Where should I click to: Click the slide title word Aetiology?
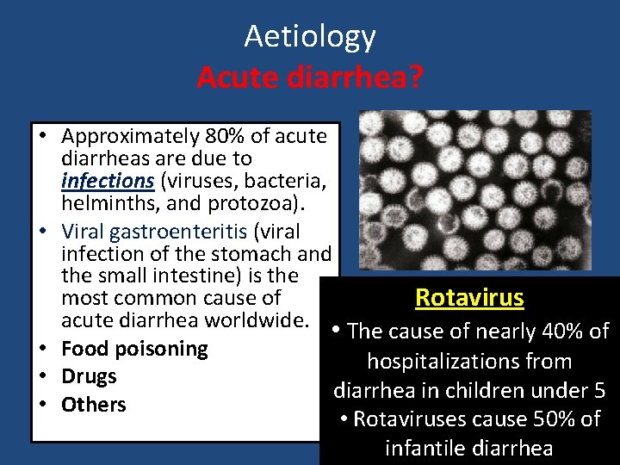[310, 36]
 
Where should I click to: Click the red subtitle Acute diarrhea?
[310, 77]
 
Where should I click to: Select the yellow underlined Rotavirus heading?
[469, 298]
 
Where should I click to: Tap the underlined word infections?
[108, 181]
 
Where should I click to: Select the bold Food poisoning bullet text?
[134, 349]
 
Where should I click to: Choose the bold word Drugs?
[89, 376]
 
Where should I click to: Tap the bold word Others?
[93, 404]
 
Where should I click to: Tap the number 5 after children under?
[598, 390]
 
